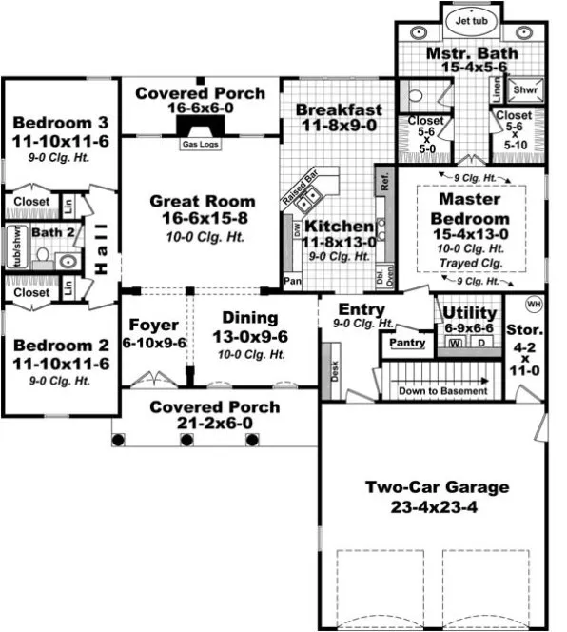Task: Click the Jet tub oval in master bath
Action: [x=471, y=19]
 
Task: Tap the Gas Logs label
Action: [x=200, y=145]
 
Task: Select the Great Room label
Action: [x=202, y=201]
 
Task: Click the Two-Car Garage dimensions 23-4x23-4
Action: [x=437, y=507]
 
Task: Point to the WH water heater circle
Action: [x=533, y=304]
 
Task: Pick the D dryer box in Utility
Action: [x=482, y=342]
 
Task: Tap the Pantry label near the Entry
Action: [x=407, y=342]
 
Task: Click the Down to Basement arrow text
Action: [x=442, y=391]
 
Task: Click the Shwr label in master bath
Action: [x=526, y=90]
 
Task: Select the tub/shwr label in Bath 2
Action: [x=13, y=248]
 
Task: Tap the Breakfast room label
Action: [x=338, y=109]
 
